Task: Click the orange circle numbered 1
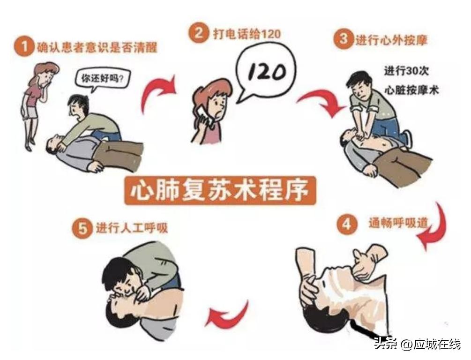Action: (x=22, y=47)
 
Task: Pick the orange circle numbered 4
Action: (x=346, y=224)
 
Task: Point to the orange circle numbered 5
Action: (x=82, y=228)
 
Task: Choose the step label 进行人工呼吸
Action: (x=131, y=228)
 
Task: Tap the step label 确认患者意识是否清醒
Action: (x=97, y=47)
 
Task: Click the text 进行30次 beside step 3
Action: (x=406, y=72)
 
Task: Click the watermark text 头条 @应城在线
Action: (x=417, y=344)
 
